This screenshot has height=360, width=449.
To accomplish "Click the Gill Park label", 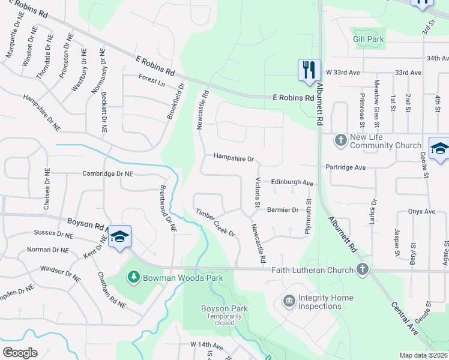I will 368,39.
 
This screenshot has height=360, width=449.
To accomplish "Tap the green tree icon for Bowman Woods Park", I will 133,277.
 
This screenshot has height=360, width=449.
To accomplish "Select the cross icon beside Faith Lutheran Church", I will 362,270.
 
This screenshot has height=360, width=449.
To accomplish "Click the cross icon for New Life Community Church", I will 340,140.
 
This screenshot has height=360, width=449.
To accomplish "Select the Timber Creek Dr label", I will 215,222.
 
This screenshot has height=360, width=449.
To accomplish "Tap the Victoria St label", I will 258,193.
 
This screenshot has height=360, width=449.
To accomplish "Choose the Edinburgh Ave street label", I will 292,182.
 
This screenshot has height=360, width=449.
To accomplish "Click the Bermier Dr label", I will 283,210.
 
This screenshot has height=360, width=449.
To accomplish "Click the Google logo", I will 20,352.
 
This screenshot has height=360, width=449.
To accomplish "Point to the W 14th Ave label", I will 206,345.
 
